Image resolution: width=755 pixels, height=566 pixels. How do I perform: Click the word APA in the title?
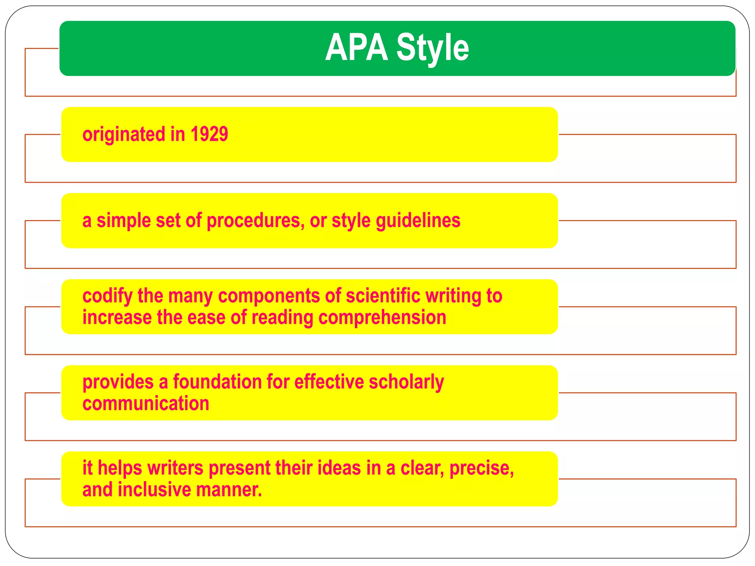pos(356,48)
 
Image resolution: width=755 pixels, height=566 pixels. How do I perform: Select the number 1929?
pos(209,134)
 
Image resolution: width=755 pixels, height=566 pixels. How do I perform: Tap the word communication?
pos(146,403)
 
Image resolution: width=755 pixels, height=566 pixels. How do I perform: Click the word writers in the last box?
pos(175,468)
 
